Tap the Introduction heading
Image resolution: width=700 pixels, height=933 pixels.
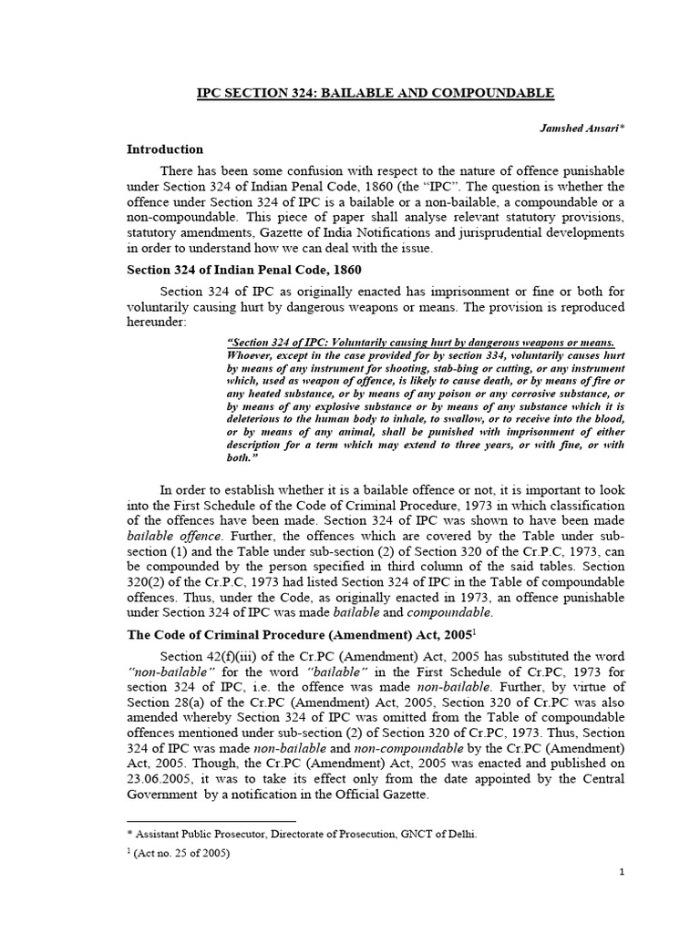[x=165, y=149]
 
